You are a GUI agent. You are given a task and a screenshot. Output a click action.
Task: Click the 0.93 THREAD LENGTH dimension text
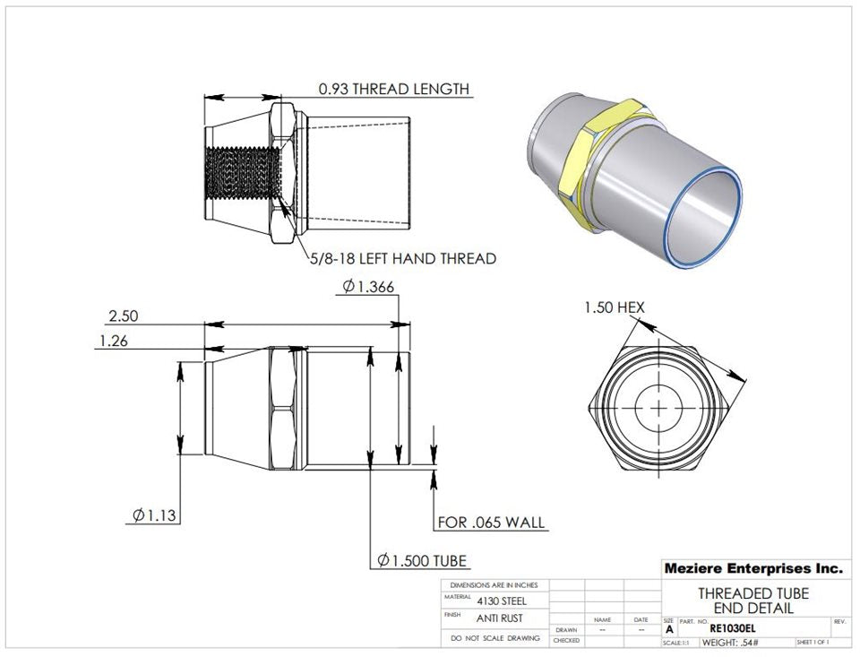point(393,89)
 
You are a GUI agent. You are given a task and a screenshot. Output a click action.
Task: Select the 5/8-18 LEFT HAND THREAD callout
point(402,259)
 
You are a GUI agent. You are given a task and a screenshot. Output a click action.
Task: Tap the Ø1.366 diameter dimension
point(367,287)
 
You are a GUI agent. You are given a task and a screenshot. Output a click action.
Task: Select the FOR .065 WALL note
point(490,523)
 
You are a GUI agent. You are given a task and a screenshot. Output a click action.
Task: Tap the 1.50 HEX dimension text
point(614,307)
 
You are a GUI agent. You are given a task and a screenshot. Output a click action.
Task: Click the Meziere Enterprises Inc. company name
point(752,568)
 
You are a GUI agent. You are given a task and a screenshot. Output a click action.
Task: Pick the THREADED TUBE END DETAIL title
point(752,601)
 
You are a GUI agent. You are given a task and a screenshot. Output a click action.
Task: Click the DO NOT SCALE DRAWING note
point(495,638)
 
